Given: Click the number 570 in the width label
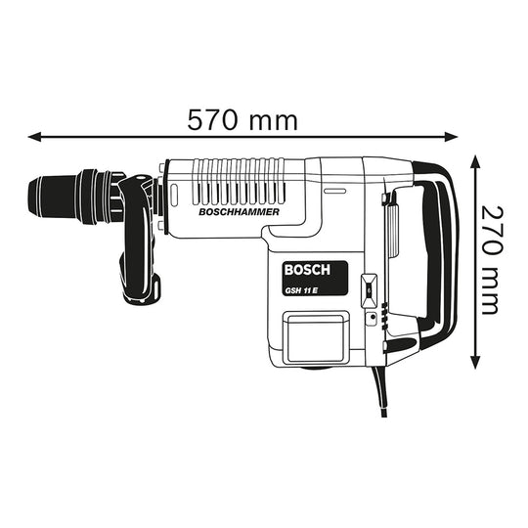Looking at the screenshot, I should point(215,119).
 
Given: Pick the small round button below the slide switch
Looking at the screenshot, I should point(371,319).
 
